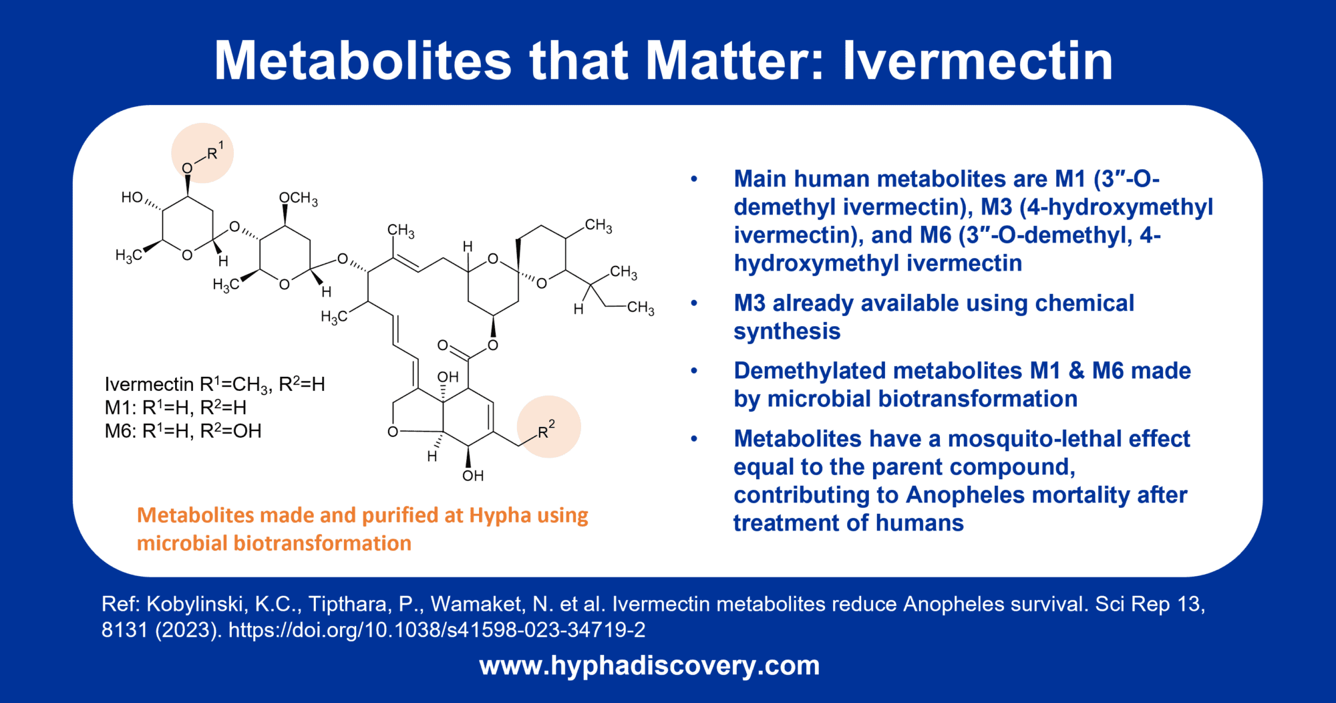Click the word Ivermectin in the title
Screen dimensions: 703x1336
977,61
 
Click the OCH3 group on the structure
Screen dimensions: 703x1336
298,198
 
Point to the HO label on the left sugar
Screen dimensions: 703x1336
132,197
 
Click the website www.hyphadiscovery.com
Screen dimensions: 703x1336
649,666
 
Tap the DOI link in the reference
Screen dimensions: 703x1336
437,629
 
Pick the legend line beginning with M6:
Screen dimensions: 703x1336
182,431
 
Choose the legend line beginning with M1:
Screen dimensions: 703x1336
175,408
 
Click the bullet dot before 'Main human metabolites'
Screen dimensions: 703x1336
694,179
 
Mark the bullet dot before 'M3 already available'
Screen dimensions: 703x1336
694,303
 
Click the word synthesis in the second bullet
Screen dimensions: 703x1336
787,331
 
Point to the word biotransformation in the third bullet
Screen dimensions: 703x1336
922,399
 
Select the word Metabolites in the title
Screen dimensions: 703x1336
363,61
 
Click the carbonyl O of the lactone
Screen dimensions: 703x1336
442,345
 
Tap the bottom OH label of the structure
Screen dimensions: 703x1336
472,476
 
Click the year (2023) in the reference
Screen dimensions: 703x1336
188,629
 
